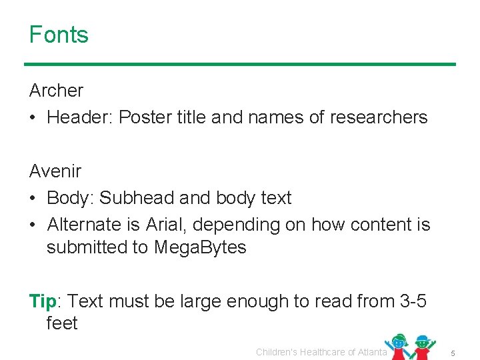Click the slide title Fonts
click(59, 35)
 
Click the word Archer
click(56, 90)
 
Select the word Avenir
click(55, 171)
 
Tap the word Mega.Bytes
click(200, 247)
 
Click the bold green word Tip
click(43, 301)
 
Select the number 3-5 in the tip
click(411, 301)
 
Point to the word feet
click(62, 323)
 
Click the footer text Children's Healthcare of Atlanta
click(321, 352)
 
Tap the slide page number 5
click(452, 352)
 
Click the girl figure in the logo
click(399, 346)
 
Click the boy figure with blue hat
click(422, 346)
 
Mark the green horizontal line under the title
click(240, 65)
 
